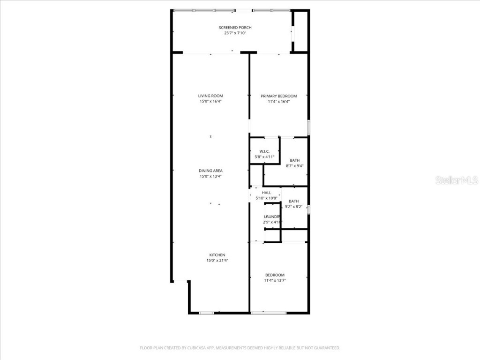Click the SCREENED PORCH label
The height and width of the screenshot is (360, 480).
point(235,28)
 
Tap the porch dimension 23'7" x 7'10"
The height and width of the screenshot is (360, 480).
point(235,33)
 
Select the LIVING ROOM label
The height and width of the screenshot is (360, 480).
point(210,96)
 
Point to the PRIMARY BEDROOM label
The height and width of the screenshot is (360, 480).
point(279,96)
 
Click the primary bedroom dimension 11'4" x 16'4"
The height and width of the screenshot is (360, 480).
point(279,101)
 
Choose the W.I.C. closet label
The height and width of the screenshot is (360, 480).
point(264,151)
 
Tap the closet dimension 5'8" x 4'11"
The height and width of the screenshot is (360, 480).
point(264,157)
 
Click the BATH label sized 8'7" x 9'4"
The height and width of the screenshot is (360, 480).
point(294,160)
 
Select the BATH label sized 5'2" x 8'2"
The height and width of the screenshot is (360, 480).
point(293,201)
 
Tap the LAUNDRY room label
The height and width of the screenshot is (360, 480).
point(272,216)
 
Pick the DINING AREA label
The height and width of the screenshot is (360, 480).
point(210,171)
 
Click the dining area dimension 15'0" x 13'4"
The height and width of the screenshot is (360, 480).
point(210,176)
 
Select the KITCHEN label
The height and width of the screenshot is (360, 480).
point(217,255)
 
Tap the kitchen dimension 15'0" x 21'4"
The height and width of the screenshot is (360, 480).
point(217,260)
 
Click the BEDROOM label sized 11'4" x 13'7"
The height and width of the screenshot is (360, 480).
point(275,275)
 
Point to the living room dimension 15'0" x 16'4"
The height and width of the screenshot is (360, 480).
point(210,101)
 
